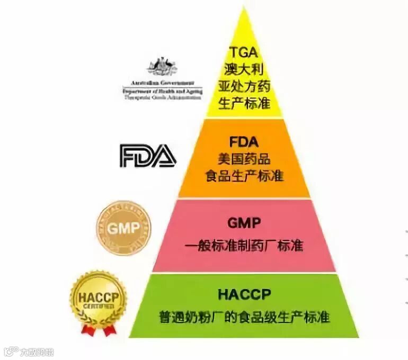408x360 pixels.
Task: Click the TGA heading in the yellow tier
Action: click(243, 52)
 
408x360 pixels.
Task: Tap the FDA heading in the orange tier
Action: click(243, 141)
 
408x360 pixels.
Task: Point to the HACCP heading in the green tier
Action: click(244, 294)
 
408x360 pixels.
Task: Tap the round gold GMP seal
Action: click(123, 228)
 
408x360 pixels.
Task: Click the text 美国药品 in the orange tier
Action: click(243, 158)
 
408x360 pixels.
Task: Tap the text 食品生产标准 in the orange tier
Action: click(244, 175)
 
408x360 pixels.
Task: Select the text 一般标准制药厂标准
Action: click(244, 246)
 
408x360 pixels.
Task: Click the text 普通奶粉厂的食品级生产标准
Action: click(244, 317)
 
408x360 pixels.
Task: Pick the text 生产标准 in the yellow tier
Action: click(244, 103)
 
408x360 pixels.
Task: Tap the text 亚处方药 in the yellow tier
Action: click(244, 86)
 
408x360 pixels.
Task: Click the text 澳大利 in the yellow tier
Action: click(244, 69)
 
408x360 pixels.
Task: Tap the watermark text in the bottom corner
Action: click(32, 351)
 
